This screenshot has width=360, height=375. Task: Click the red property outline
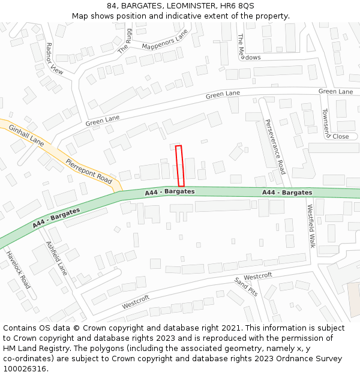coord(179,166)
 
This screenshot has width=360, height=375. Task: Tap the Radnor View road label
coord(54,58)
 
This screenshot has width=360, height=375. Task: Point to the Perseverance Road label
coord(275,147)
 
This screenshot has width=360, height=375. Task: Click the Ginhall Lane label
coord(26,135)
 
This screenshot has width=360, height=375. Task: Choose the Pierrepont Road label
coord(89,171)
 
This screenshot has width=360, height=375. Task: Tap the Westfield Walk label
coord(311,226)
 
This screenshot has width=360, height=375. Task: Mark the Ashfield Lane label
coord(56,258)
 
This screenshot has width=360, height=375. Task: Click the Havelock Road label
coord(18,269)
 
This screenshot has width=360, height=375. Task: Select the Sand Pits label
coord(246,287)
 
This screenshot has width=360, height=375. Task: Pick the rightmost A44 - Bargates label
coord(287,193)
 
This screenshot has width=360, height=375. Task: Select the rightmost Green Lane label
coord(335,91)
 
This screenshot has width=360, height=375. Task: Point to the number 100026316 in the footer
coord(26,368)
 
